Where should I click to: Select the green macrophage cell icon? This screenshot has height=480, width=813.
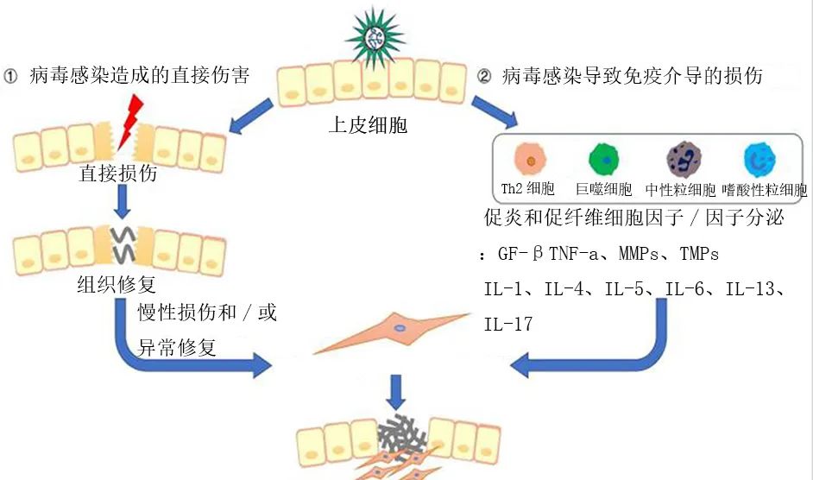[604, 161]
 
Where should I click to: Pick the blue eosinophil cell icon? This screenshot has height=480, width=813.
[759, 161]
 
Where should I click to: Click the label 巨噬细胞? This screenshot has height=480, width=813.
[604, 189]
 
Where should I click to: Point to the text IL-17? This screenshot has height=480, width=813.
[508, 325]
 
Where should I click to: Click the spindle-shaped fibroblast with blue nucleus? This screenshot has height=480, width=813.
[399, 331]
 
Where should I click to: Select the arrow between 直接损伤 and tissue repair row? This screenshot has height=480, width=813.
[123, 200]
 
